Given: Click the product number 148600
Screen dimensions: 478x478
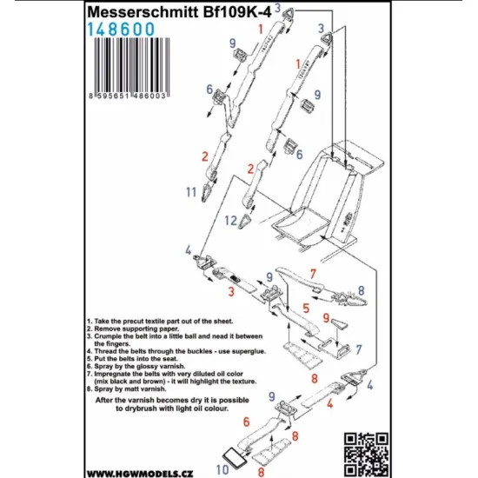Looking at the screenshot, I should coord(121,30).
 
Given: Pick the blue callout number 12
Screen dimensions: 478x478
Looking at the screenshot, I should coord(231,221).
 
